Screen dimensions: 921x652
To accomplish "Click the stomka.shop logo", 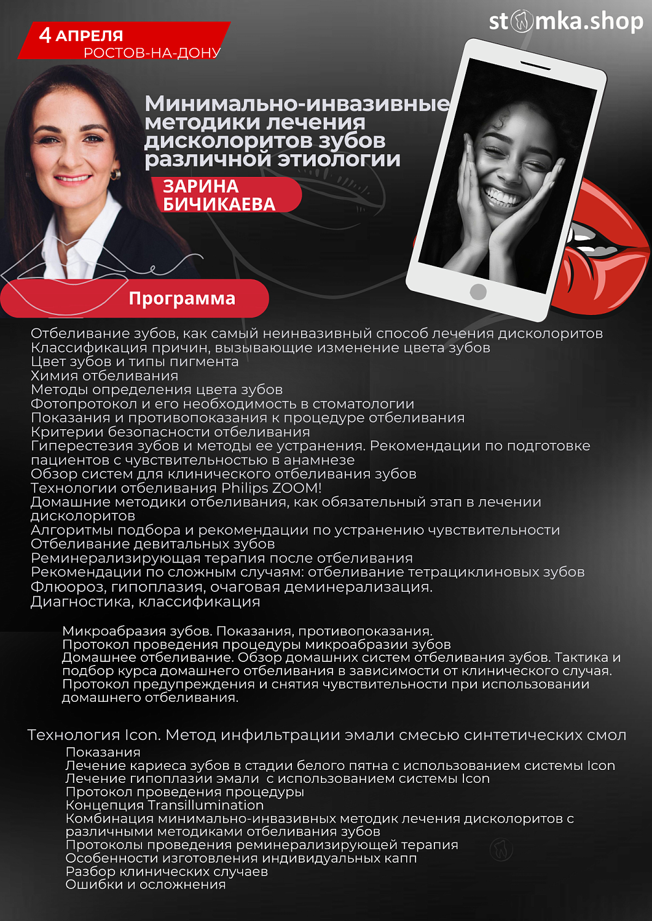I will point(565,21).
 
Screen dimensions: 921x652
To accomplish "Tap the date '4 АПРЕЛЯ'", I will point(81,35).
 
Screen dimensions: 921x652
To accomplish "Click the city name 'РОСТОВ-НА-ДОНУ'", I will point(152,53).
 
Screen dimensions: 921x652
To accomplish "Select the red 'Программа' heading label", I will point(182,298).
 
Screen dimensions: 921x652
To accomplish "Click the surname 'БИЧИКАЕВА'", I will point(219,204).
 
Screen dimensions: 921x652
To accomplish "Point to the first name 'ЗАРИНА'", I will point(200,186).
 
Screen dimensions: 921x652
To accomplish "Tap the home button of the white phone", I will point(478,292).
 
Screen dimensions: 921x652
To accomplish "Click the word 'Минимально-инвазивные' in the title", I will point(297,103).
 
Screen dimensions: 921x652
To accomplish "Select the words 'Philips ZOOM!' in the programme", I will point(271,488).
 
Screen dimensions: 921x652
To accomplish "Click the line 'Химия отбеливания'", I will point(104,376).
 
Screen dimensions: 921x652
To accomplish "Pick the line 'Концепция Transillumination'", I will point(165,805).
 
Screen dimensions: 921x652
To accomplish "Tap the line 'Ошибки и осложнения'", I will point(146,885).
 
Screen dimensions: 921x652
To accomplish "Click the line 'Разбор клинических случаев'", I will point(167,871).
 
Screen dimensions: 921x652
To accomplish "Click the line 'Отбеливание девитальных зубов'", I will point(152,544).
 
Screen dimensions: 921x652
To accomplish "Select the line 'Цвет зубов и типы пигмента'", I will point(135,362).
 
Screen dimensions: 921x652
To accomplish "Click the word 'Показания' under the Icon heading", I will point(103,752).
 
